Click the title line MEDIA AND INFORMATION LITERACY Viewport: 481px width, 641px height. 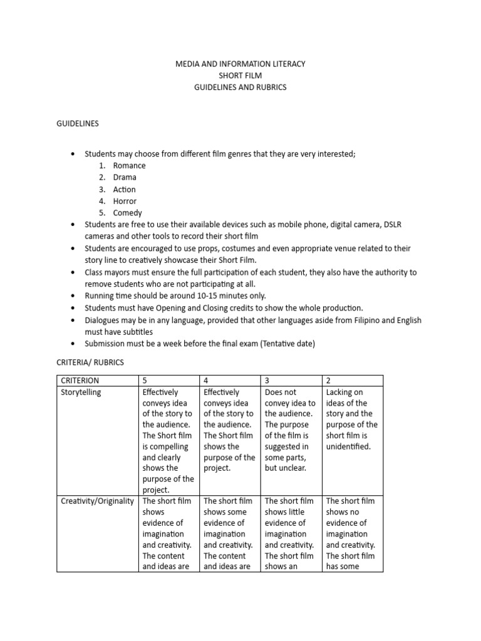point(240,64)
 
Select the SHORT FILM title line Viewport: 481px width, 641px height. point(240,76)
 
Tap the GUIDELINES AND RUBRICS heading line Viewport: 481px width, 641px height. point(240,88)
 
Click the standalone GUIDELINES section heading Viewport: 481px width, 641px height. point(78,124)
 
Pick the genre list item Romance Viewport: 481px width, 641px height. point(129,166)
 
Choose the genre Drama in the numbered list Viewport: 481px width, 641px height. point(125,177)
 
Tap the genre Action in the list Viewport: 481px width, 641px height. point(124,190)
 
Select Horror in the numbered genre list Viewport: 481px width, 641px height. point(125,201)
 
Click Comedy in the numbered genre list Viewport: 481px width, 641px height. point(127,213)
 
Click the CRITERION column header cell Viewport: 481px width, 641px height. point(80,381)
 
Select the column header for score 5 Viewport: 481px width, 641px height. point(145,381)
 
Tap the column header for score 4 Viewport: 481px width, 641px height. point(207,381)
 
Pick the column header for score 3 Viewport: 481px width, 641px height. point(267,381)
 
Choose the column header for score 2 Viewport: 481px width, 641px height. point(329,381)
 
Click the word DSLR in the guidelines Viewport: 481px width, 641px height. point(391,225)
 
